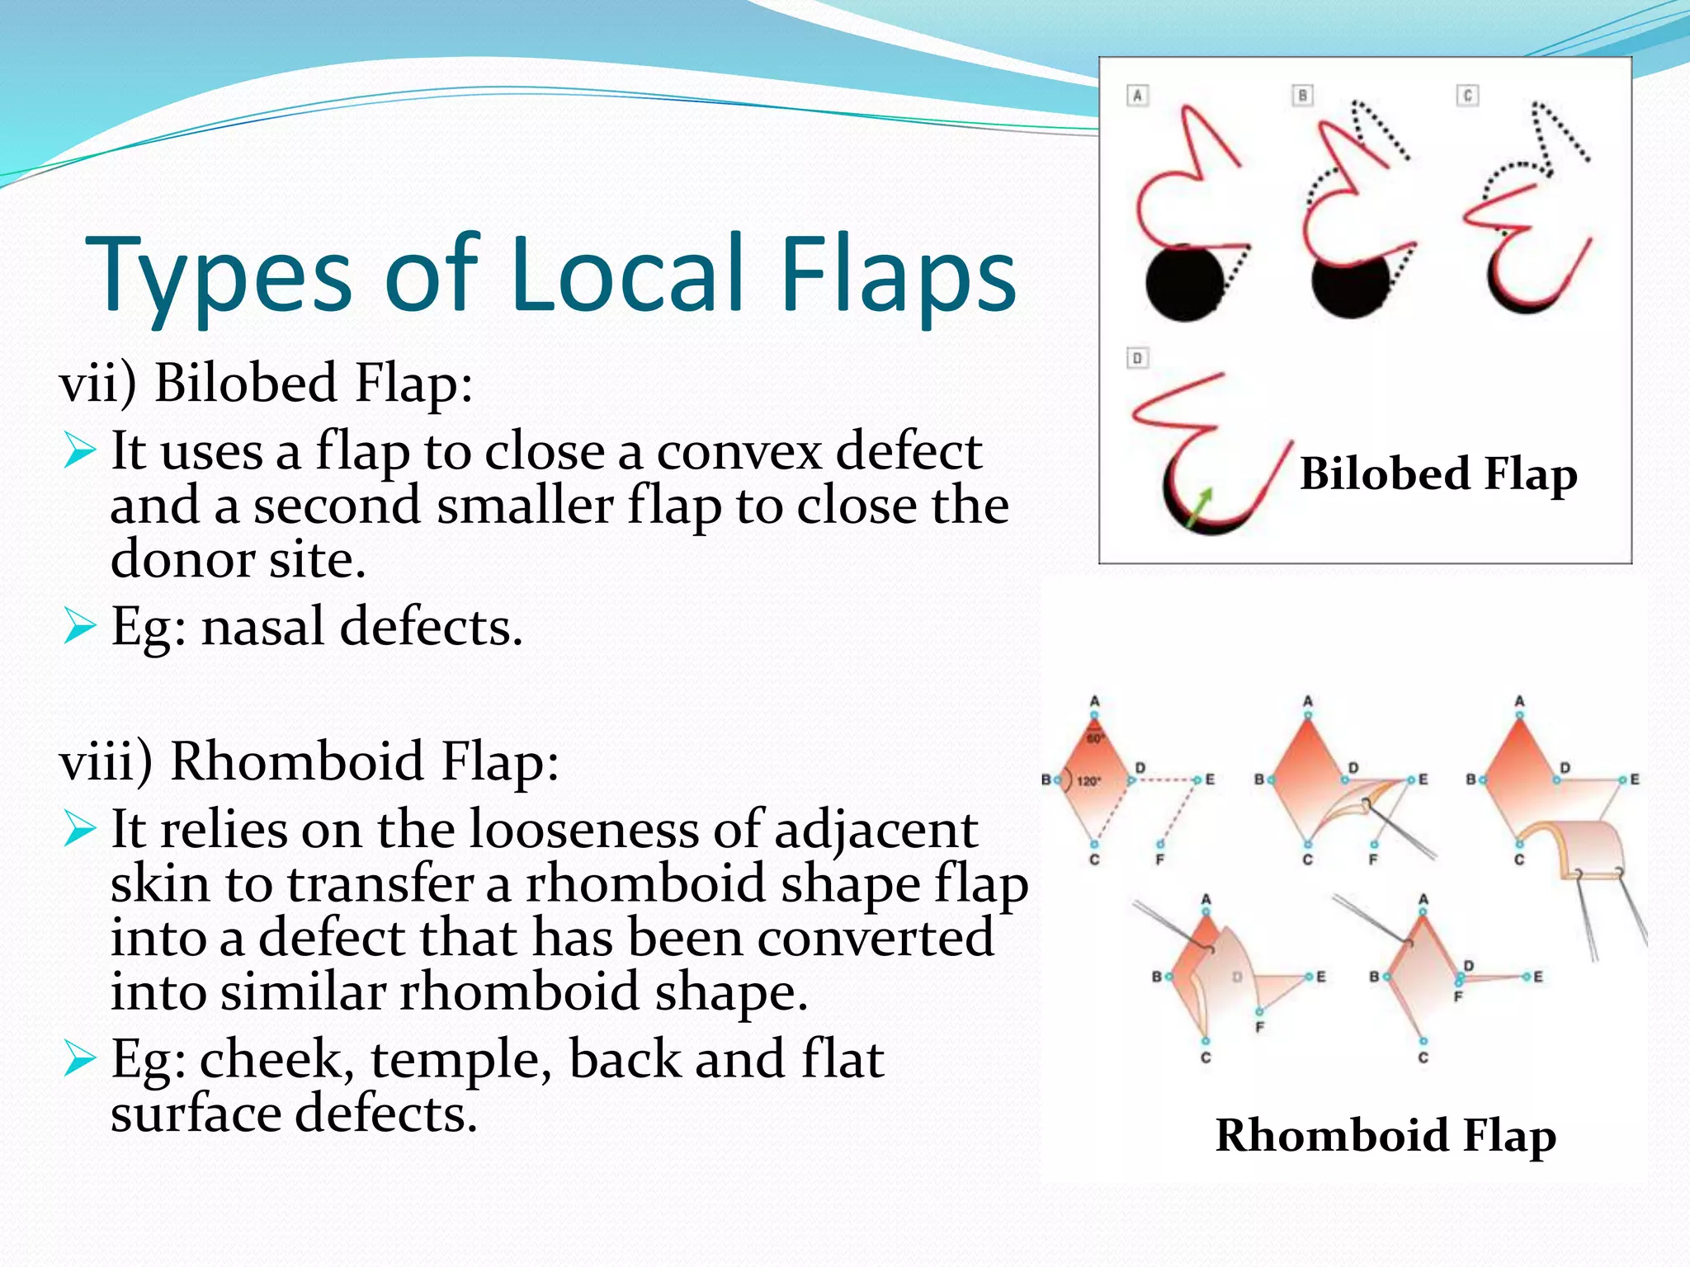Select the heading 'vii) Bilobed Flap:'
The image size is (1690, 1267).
[x=266, y=384]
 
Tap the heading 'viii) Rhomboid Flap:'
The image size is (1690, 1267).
[x=309, y=761]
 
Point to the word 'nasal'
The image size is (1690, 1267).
[x=262, y=627]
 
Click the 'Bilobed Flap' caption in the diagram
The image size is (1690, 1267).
[x=1438, y=474]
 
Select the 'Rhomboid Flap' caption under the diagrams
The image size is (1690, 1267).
[x=1386, y=1135]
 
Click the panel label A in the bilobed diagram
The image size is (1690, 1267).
[x=1138, y=96]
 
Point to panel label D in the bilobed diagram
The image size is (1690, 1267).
[x=1138, y=358]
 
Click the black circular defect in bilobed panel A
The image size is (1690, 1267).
[x=1185, y=283]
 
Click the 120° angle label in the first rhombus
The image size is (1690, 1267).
[x=1088, y=780]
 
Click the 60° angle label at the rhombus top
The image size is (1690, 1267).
[x=1094, y=738]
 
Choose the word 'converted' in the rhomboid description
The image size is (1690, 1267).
[x=876, y=939]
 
